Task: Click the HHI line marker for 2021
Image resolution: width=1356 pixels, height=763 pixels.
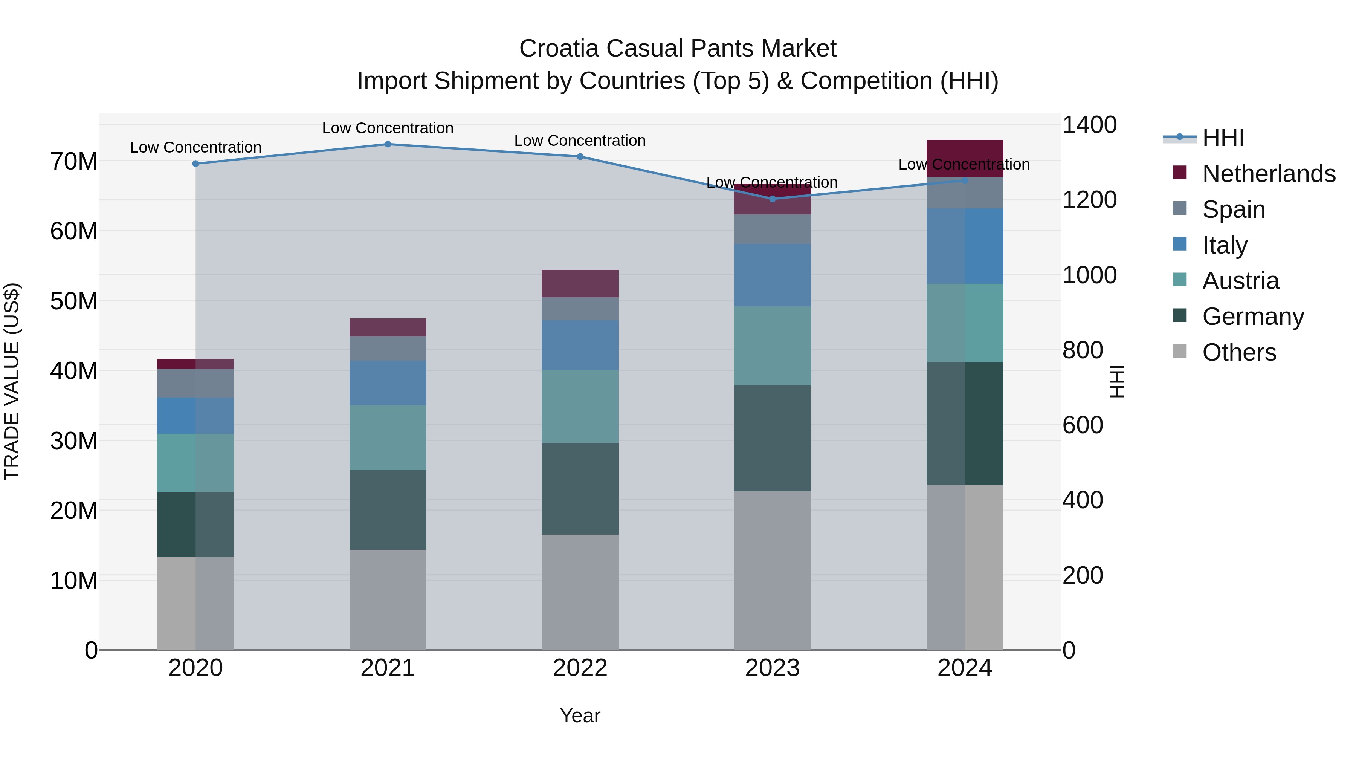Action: (x=388, y=144)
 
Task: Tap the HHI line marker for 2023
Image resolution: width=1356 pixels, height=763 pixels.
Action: (x=772, y=199)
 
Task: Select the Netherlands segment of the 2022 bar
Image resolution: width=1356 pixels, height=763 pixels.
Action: (x=580, y=284)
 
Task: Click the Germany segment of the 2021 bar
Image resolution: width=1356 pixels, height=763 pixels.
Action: (x=388, y=510)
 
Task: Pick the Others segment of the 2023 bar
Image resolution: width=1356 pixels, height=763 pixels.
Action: (x=772, y=570)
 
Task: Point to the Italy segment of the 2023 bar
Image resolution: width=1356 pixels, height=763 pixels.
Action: (x=772, y=275)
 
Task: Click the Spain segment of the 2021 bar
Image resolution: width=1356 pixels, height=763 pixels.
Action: (x=388, y=349)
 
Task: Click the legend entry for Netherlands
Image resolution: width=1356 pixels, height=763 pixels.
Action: (x=1269, y=174)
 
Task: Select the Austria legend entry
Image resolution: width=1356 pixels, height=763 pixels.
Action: (x=1240, y=281)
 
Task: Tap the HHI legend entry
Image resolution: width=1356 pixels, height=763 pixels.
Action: (x=1223, y=138)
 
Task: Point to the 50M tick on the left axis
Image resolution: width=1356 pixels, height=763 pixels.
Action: (x=74, y=301)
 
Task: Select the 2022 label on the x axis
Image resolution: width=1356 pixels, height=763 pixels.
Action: (x=580, y=668)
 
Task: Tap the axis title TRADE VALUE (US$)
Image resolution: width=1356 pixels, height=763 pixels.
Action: (x=12, y=381)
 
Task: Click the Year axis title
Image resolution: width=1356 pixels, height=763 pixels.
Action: (x=580, y=716)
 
